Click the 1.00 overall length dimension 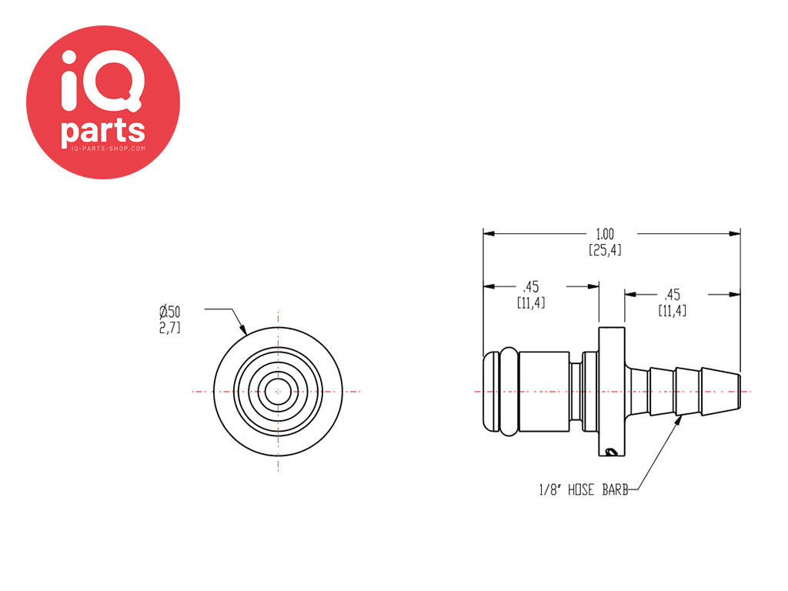coord(605,233)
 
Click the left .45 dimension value coord(530,286)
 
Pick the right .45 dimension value coord(672,294)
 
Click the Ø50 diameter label coord(170,312)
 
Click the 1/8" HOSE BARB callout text coord(583,490)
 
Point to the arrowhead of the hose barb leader coord(679,419)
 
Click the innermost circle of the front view coord(277,392)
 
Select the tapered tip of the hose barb coord(728,392)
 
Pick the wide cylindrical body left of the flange coord(546,392)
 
